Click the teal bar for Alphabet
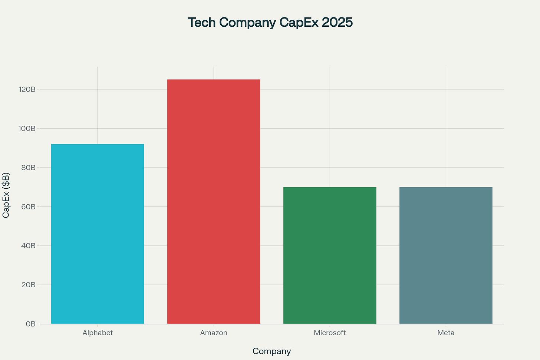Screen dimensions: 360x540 pyautogui.click(x=98, y=234)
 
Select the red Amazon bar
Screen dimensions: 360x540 pyautogui.click(x=214, y=202)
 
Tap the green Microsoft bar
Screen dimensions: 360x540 pyautogui.click(x=330, y=255)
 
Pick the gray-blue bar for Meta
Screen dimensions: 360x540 pyautogui.click(x=446, y=255)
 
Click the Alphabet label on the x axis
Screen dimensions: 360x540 pyautogui.click(x=98, y=333)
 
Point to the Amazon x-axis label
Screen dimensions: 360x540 pyautogui.click(x=214, y=333)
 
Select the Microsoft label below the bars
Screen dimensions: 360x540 pyautogui.click(x=330, y=333)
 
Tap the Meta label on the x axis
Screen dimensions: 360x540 pyautogui.click(x=446, y=333)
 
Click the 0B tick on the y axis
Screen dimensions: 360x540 pyautogui.click(x=31, y=324)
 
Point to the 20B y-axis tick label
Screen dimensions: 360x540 pyautogui.click(x=29, y=285)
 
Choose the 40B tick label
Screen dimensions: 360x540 pyautogui.click(x=29, y=246)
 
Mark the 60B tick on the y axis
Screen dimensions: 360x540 pyautogui.click(x=29, y=207)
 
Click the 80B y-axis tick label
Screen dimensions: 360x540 pyautogui.click(x=29, y=168)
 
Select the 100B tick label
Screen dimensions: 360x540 pyautogui.click(x=27, y=128)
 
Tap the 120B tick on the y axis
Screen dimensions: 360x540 pyautogui.click(x=27, y=89)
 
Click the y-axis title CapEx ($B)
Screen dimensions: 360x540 pyautogui.click(x=6, y=195)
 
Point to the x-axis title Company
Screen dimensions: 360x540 pyautogui.click(x=271, y=351)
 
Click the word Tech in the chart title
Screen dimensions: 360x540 pyautogui.click(x=202, y=23)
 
